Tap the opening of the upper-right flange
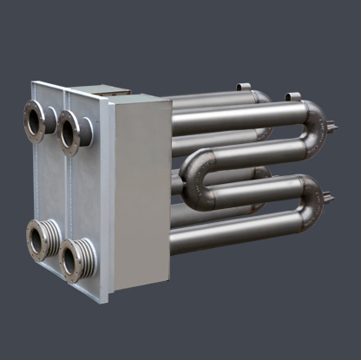pyautogui.click(x=69, y=133)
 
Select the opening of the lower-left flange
pyautogui.click(x=37, y=238)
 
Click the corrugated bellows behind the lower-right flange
pyautogui.click(x=86, y=254)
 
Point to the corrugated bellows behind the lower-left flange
pyautogui.click(x=52, y=235)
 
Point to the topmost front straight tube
pyautogui.click(x=234, y=117)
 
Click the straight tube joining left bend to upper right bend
pyautogui.click(x=252, y=153)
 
